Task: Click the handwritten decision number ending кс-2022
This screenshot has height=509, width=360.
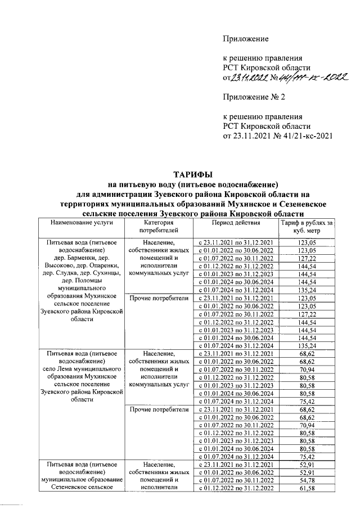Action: (x=312, y=78)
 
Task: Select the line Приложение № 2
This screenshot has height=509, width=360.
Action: (x=254, y=97)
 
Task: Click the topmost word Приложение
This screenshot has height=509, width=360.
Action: (x=246, y=38)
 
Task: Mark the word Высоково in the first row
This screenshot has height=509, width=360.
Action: (x=54, y=265)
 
